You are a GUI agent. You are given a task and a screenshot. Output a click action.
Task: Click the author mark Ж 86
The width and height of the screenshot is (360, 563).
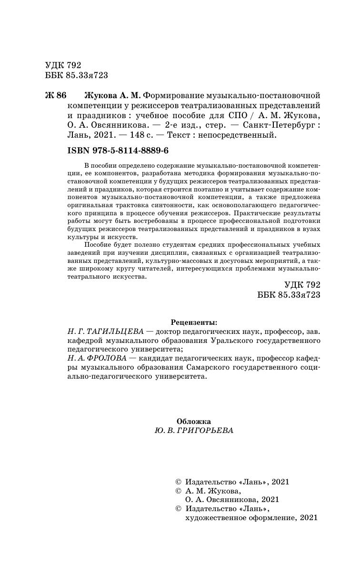55,95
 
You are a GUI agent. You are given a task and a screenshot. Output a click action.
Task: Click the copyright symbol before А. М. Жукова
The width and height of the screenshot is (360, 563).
179,491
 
